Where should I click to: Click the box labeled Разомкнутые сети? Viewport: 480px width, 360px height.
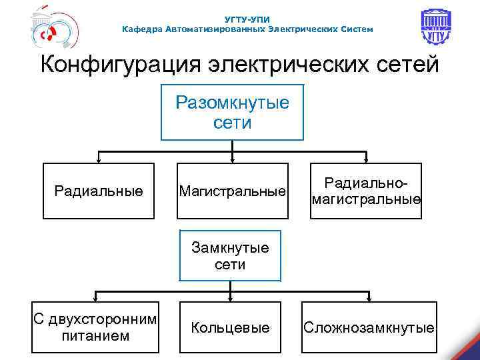pos(232,112)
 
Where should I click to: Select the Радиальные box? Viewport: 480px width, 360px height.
pos(99,191)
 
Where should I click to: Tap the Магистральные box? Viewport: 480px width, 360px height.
pos(232,191)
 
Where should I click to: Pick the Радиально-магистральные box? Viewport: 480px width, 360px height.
pos(365,191)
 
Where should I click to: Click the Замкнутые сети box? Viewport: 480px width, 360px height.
pos(230,256)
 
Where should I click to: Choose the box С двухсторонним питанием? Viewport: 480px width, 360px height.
pos(95,327)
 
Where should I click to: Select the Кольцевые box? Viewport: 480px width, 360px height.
pos(230,327)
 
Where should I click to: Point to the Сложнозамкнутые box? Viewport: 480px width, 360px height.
pos(369,327)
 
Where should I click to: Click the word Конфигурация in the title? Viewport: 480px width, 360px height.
pos(116,66)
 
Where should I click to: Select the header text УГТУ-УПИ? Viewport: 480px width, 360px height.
pos(247,19)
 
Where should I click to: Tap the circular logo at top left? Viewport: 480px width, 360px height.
pos(51,31)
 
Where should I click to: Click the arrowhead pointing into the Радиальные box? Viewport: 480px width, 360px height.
pos(99,160)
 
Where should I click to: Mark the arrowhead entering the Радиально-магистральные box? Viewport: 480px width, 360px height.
pos(365,160)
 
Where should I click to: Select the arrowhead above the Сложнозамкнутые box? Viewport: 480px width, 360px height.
pos(369,298)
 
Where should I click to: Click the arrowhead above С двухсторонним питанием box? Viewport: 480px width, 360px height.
pos(95,298)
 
